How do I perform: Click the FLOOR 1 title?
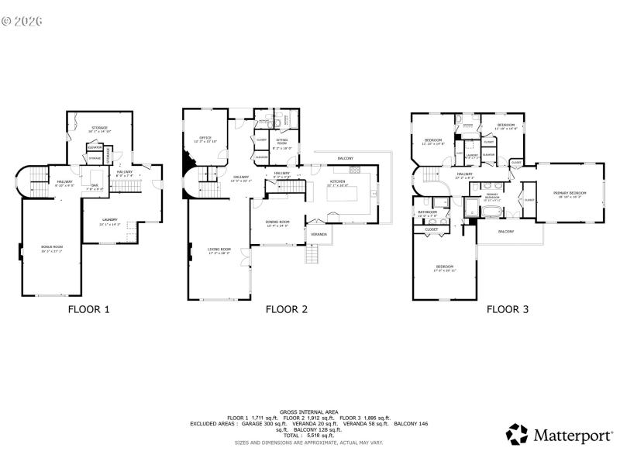[x=88, y=309]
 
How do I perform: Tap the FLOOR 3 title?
[x=508, y=309]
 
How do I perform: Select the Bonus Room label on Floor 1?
[x=52, y=248]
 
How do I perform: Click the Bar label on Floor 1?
[x=95, y=186]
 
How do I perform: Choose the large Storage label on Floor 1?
[x=99, y=129]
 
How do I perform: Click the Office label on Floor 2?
[x=205, y=139]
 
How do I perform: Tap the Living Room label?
[x=219, y=250]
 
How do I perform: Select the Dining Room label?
[x=277, y=223]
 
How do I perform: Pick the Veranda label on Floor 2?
[x=319, y=233]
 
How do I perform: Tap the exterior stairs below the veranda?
[x=313, y=253]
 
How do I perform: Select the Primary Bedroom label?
[x=570, y=194]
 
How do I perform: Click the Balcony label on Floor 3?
[x=506, y=232]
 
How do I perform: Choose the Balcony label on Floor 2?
[x=345, y=158]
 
